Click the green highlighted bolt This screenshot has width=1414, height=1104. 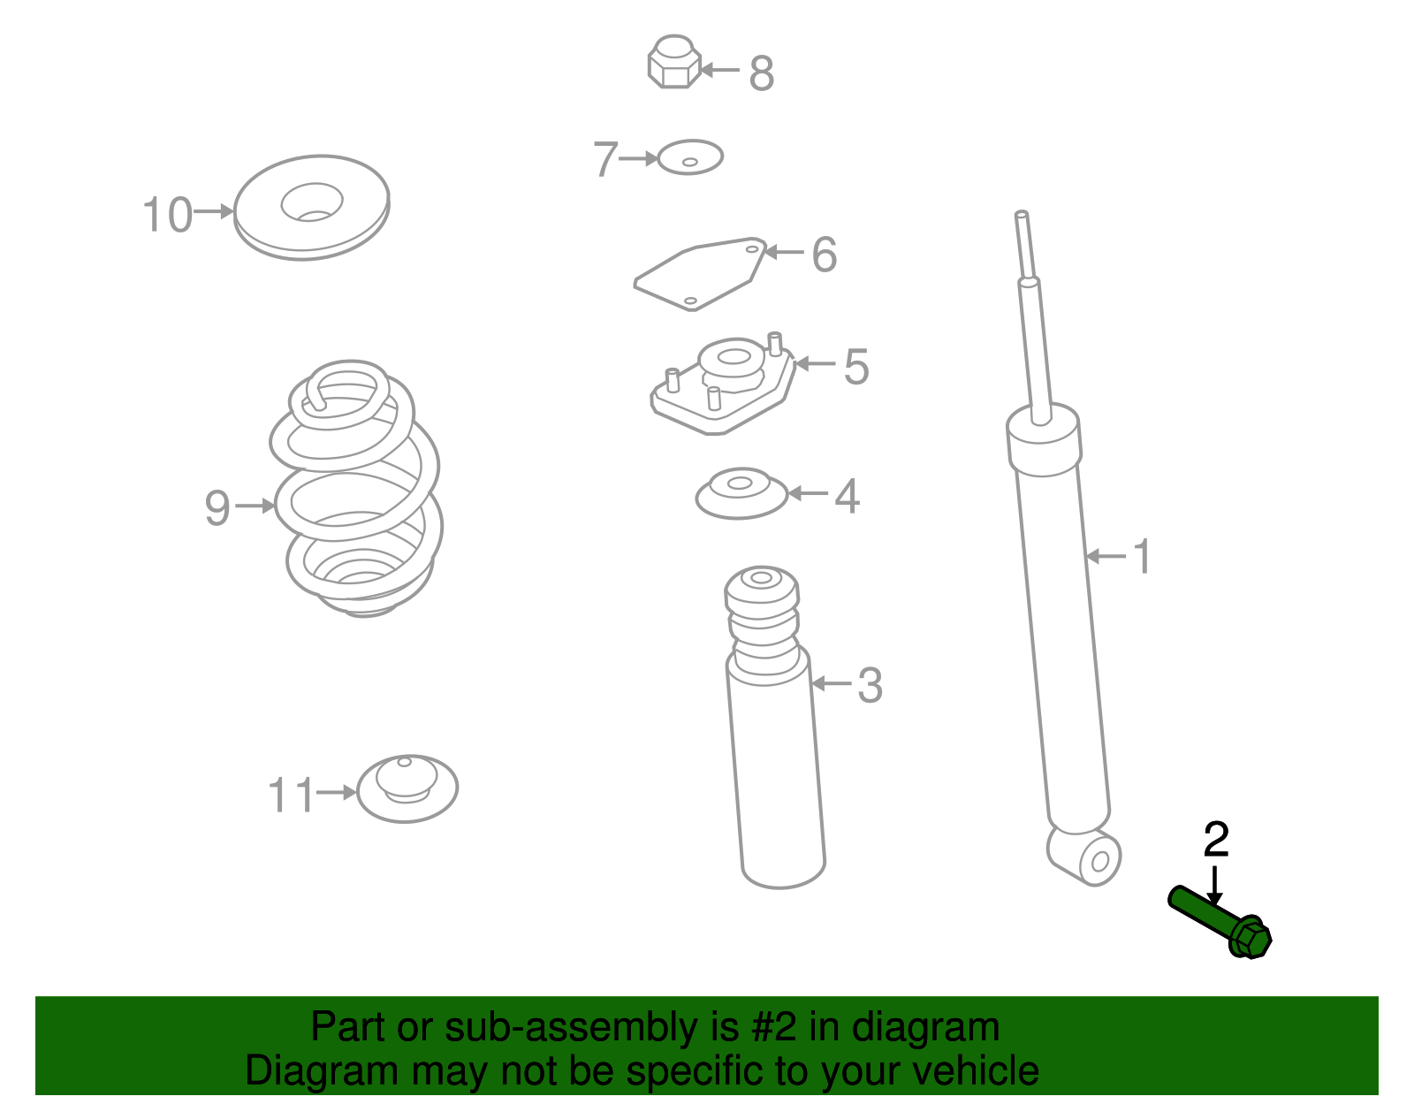click(1218, 920)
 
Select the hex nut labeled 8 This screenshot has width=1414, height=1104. click(674, 62)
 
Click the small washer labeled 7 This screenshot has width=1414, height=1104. click(689, 156)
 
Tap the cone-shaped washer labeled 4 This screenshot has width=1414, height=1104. click(741, 493)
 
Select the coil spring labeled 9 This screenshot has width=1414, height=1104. click(355, 489)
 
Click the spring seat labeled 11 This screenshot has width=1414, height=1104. click(407, 788)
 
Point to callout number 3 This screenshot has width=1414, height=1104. click(870, 685)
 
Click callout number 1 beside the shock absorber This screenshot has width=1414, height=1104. click(1142, 557)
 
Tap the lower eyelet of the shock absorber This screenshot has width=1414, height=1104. click(1084, 857)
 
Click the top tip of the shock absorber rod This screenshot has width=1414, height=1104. click(1021, 213)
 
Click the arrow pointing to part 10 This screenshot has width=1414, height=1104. click(214, 211)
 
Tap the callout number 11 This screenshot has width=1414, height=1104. click(292, 795)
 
